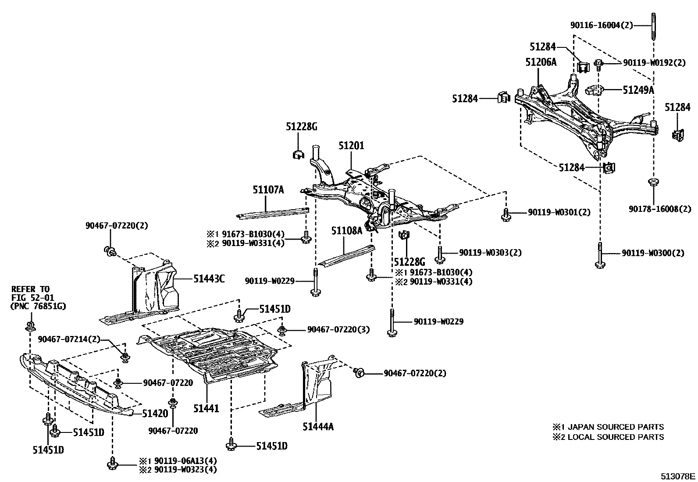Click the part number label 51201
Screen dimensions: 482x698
click(351, 146)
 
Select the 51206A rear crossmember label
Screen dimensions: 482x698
click(541, 62)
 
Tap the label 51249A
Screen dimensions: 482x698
click(638, 90)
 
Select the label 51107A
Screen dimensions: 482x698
click(268, 190)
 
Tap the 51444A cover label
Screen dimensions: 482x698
click(318, 426)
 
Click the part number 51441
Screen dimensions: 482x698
click(206, 408)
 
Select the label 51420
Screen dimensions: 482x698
click(155, 413)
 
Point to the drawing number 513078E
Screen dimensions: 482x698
click(678, 476)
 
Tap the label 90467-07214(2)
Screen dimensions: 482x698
click(69, 339)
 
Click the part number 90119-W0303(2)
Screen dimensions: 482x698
click(490, 253)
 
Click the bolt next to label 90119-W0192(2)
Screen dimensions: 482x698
click(599, 64)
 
